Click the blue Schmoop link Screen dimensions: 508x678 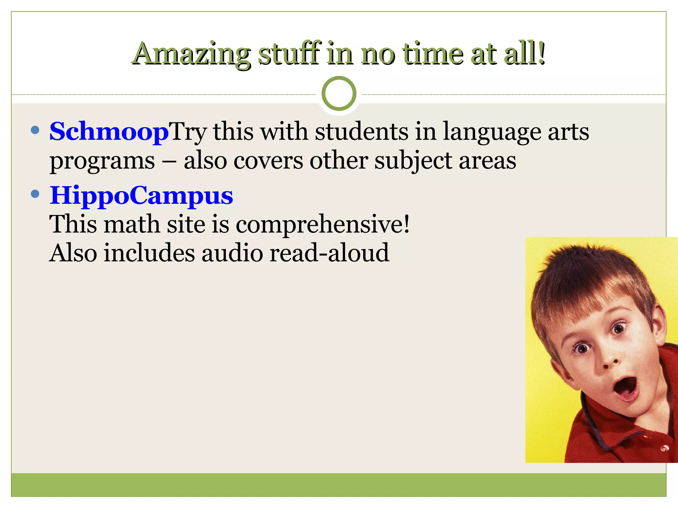109,132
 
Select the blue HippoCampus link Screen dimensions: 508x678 141,195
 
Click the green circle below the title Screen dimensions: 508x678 339,94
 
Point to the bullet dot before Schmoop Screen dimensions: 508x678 35,130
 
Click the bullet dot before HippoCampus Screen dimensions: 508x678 35,194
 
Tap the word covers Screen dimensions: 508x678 268,161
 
